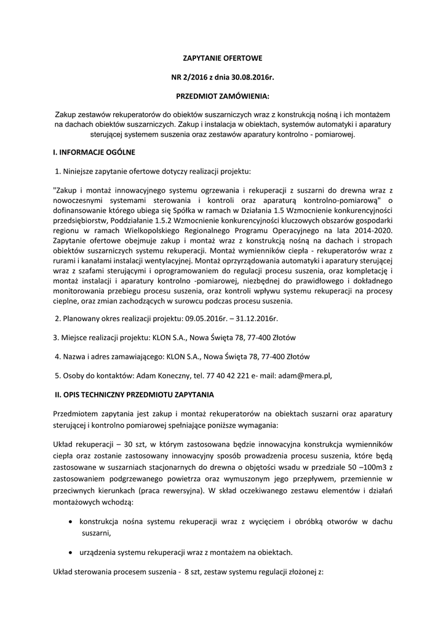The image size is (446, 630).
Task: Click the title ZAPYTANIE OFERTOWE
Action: (223, 58)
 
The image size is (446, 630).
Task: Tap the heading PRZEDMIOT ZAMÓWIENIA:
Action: (223, 96)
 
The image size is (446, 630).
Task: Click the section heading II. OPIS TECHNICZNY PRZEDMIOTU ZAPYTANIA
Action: (135, 393)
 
